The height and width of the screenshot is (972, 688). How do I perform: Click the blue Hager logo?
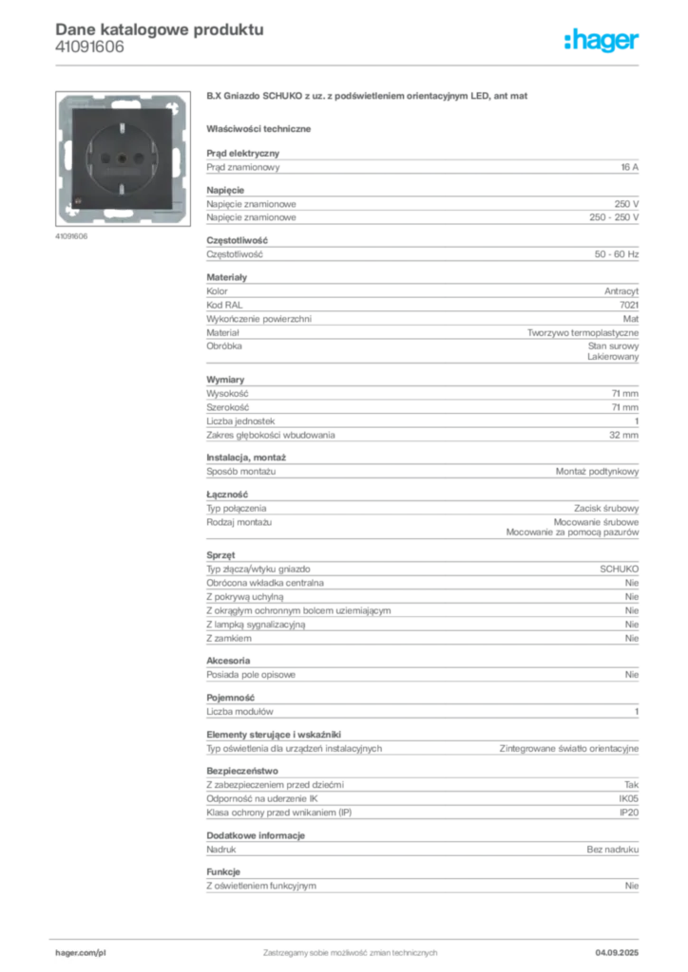click(x=602, y=42)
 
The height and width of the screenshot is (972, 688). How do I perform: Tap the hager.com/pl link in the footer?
click(x=80, y=950)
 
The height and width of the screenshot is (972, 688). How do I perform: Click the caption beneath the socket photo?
click(x=71, y=236)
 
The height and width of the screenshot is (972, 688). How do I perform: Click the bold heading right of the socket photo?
click(x=367, y=98)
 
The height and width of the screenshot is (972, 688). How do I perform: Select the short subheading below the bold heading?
click(x=261, y=127)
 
